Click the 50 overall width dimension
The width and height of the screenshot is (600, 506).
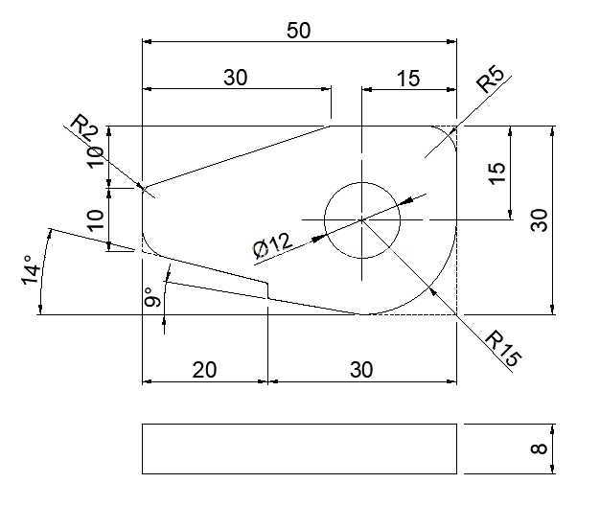click(x=298, y=31)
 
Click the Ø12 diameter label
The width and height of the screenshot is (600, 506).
click(x=273, y=244)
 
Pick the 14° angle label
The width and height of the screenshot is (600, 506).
click(x=31, y=270)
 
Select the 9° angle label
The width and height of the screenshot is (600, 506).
click(x=153, y=297)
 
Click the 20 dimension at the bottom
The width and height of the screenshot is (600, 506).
click(x=204, y=370)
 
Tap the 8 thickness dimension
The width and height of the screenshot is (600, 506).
click(x=540, y=448)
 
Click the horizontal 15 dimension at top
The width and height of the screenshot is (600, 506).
click(x=408, y=79)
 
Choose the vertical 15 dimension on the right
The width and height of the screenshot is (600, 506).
click(x=497, y=173)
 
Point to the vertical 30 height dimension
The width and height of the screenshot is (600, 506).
click(x=540, y=219)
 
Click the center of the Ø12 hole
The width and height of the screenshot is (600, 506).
click(x=362, y=220)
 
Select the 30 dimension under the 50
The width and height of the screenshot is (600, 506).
click(x=236, y=78)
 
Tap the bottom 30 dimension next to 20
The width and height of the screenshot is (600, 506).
click(x=361, y=370)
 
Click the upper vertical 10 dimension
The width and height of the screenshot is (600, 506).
click(x=95, y=156)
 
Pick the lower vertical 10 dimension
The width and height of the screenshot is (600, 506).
click(x=95, y=219)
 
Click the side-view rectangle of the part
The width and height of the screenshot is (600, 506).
click(x=299, y=448)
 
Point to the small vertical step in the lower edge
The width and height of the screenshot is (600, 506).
click(x=267, y=290)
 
